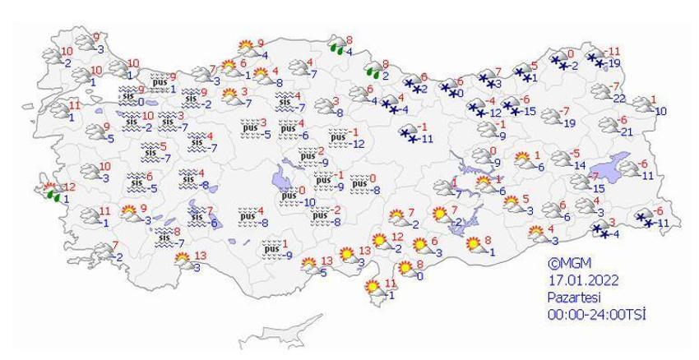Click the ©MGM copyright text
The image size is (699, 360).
click(x=568, y=263)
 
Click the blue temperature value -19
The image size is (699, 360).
click(x=613, y=63)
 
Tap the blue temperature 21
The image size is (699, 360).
click(x=625, y=132)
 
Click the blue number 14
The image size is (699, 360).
click(x=578, y=164)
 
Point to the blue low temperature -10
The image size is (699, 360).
click(x=308, y=202)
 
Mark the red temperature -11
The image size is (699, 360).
click(x=612, y=51)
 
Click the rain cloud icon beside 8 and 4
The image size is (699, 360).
click(x=336, y=44)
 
